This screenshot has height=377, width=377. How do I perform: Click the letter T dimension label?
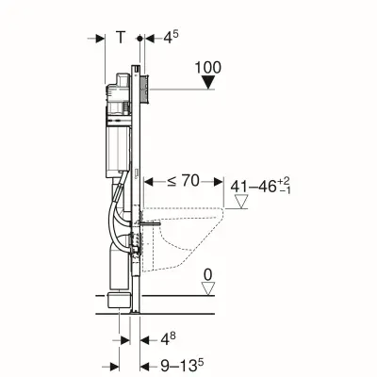tap(121, 38)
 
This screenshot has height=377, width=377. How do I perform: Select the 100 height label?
tap(208, 68)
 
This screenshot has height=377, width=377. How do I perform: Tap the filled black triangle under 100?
tap(208, 83)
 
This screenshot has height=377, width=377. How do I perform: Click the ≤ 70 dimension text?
tap(183, 181)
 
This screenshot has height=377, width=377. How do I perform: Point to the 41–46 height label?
tap(260, 186)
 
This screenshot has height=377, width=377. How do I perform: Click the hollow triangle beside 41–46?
tap(241, 202)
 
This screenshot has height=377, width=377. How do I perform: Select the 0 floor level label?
tap(208, 275)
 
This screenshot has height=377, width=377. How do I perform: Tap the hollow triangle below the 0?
tap(208, 288)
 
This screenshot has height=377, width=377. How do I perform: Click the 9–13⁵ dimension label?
tap(182, 365)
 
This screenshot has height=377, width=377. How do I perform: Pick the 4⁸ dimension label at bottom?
tap(168, 338)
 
